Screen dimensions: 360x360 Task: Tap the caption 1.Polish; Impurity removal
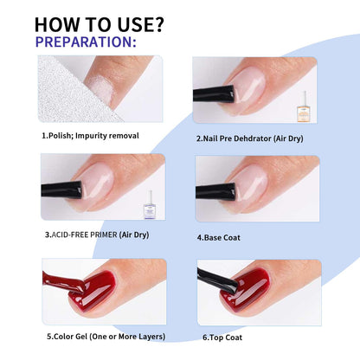[x=89, y=136]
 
